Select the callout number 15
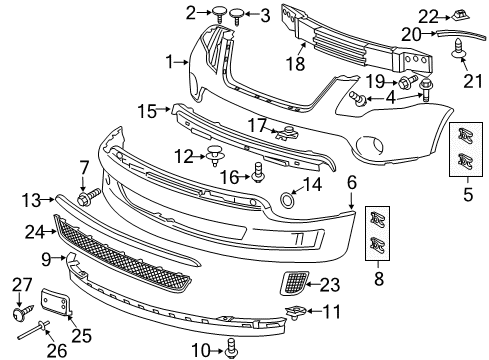(x=146, y=110)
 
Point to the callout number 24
(x=34, y=233)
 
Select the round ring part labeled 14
(x=289, y=200)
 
